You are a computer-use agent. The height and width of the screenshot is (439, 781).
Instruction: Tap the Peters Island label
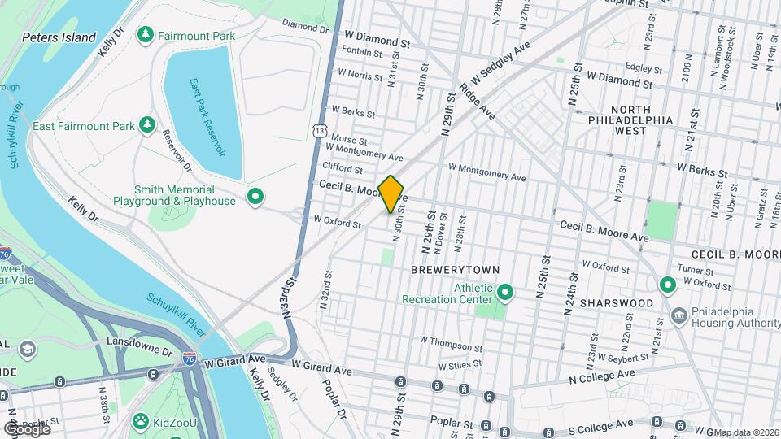[x=59, y=37]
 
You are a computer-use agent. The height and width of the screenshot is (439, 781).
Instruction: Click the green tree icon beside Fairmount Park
[x=146, y=35]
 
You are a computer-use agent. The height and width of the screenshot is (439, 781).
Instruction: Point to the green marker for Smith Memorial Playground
[x=255, y=196]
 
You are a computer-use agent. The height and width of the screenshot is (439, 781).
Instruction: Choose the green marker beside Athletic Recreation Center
[x=504, y=291]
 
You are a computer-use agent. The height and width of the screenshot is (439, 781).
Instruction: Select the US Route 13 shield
[x=321, y=130]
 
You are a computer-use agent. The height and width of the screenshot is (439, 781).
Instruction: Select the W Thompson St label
[x=450, y=341]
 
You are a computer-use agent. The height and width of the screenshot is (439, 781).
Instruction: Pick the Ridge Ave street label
[x=477, y=97]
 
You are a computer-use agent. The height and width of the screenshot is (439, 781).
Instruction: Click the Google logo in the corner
[x=26, y=428]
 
